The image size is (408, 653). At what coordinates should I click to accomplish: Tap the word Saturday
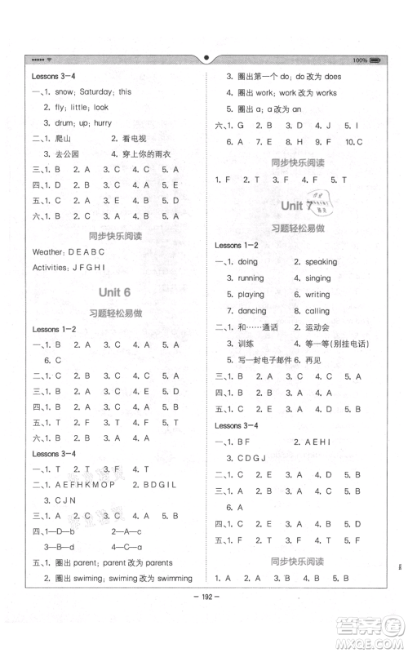point(87,91)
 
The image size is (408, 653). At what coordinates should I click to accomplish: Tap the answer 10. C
point(354,140)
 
